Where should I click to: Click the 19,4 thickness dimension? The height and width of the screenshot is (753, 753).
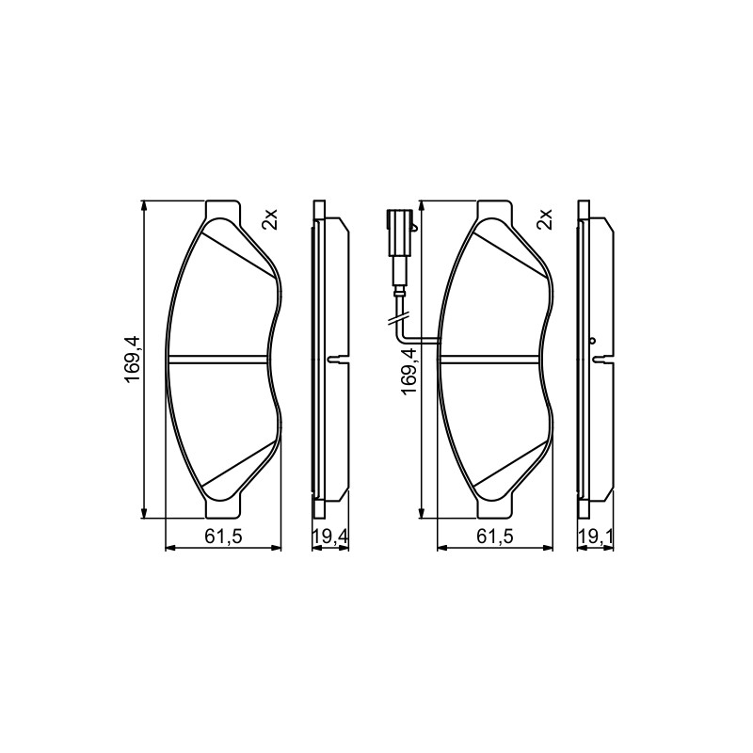click(330, 537)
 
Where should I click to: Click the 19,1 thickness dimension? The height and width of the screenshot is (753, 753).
click(596, 537)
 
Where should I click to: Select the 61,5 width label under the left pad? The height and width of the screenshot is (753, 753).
click(223, 537)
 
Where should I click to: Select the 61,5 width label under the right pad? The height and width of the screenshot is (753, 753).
click(495, 537)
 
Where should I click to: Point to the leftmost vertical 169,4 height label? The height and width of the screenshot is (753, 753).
click(133, 359)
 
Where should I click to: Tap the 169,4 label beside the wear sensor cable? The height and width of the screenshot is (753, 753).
click(409, 372)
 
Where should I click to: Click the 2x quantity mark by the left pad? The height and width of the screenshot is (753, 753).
click(270, 219)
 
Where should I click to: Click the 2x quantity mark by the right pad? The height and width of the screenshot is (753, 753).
click(546, 219)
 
